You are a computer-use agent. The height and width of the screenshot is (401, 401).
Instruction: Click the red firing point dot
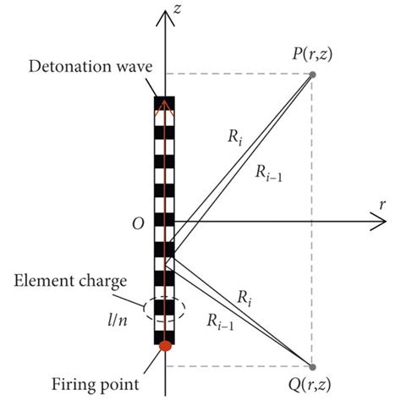[x=166, y=345]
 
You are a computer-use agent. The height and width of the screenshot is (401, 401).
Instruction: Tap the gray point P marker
[x=313, y=74]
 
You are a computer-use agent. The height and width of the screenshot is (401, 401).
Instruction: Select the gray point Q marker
[x=313, y=368]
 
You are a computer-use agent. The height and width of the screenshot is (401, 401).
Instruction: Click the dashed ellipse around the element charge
[x=166, y=308]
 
